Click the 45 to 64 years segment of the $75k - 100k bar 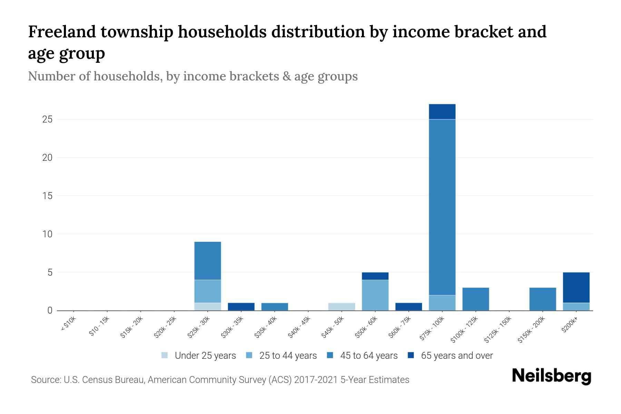click(442, 207)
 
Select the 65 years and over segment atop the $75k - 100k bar click(442, 112)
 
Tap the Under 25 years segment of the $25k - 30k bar click(207, 307)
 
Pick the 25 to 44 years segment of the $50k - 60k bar click(375, 295)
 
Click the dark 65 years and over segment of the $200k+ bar click(576, 287)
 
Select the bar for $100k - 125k click(475, 299)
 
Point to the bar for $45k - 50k click(342, 307)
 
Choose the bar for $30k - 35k click(241, 307)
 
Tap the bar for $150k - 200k click(542, 299)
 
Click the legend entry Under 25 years click(205, 356)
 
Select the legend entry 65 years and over click(456, 356)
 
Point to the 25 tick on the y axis click(47, 120)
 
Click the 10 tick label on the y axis click(47, 234)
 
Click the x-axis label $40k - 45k click(299, 328)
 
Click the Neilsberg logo click(551, 376)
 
